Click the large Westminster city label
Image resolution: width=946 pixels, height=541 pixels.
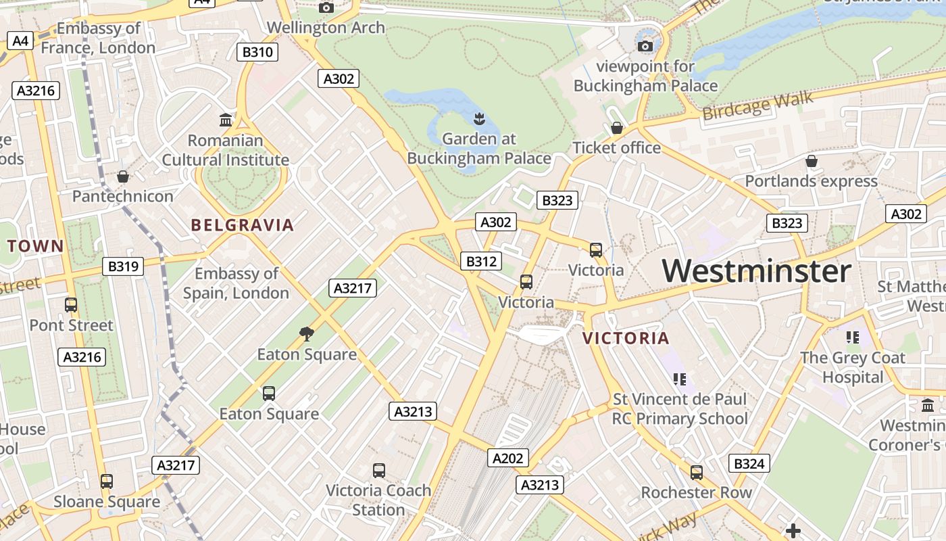[x=756, y=271]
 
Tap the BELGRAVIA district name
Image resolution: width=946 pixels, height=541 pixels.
[x=243, y=225]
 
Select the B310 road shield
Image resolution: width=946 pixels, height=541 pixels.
[x=257, y=52]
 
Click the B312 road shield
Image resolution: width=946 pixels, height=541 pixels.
[x=481, y=262]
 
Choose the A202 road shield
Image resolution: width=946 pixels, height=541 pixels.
[x=507, y=458]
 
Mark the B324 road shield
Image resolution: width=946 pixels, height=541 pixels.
[x=749, y=463]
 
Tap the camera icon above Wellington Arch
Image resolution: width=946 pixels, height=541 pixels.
[x=326, y=7]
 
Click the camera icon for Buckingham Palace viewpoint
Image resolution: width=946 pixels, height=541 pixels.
[x=645, y=46]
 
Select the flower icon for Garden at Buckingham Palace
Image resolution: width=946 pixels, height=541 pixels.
[x=479, y=120]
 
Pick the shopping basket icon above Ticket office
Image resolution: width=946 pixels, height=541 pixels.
[x=616, y=128]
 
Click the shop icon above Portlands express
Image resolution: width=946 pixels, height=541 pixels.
[x=811, y=161]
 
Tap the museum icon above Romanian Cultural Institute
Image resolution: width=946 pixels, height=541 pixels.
[x=226, y=120]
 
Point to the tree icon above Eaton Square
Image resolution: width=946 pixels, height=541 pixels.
[x=307, y=333]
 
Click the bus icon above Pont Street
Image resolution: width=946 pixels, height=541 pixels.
[x=71, y=305]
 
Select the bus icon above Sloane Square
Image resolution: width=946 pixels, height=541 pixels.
[x=107, y=481]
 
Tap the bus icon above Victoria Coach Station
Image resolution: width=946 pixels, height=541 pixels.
[x=379, y=470]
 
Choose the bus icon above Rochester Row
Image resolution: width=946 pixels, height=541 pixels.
[x=697, y=472]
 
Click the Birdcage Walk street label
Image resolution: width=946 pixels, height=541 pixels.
[x=757, y=106]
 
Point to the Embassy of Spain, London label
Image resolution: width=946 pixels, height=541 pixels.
[x=236, y=283]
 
